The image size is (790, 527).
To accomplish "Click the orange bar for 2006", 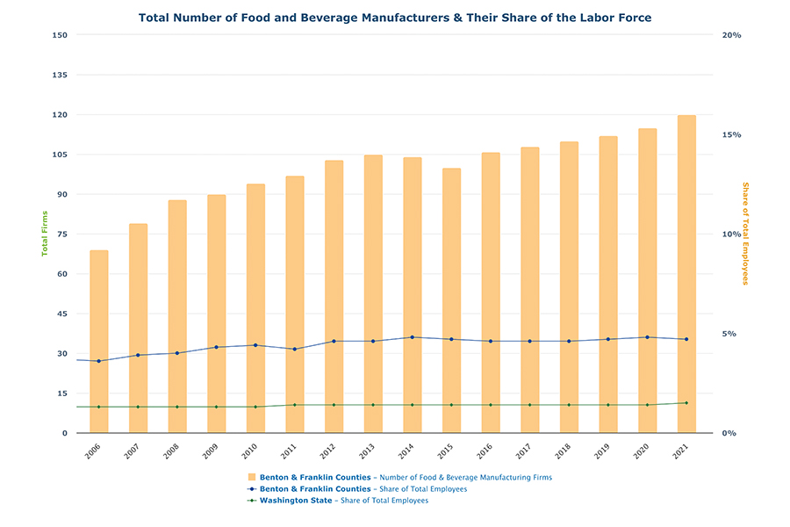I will coord(98,342).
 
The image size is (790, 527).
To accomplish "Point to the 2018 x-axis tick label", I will coord(568,451).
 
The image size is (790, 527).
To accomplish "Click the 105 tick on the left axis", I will coord(60,155).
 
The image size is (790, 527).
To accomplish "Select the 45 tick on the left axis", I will coord(61,314).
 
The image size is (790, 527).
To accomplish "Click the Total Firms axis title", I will coord(45,234).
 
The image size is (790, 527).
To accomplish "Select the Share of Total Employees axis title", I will coord(745,234).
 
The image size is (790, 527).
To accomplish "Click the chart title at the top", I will coord(395,17).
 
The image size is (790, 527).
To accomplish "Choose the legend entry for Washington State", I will coord(344,501).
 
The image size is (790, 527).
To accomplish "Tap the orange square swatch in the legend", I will coord(252,477).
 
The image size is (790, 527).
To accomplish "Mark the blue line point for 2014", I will coord(412,337).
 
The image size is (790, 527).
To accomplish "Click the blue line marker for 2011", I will coord(294,349).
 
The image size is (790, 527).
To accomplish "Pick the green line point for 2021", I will coord(686,403).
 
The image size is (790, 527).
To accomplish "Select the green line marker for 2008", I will coord(176,407).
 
